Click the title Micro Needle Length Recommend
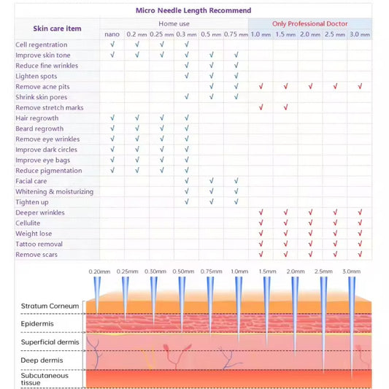(193, 11)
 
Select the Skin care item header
(57, 28)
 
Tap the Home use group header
(174, 23)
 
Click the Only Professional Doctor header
(309, 23)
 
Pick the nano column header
(112, 34)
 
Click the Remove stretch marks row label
(50, 108)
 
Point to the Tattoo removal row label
(39, 244)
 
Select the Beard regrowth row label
(39, 128)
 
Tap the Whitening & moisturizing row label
(55, 191)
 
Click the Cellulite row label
(28, 223)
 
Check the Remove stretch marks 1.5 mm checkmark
(285, 108)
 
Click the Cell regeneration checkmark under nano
(112, 45)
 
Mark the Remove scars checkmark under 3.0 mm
(360, 255)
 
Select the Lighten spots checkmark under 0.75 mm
(236, 76)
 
